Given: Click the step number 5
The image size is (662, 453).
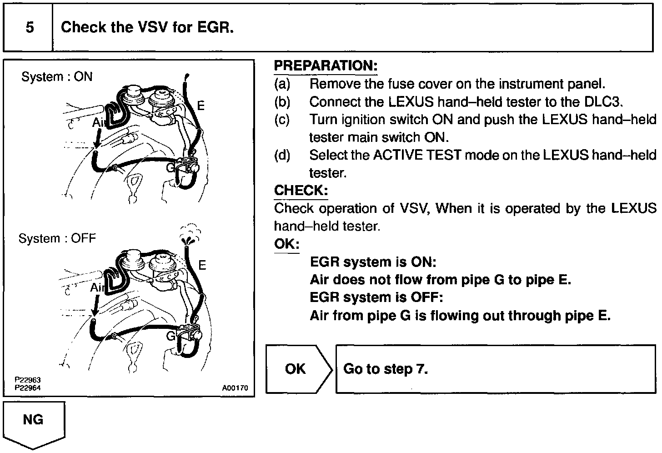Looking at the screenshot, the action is click(30, 27).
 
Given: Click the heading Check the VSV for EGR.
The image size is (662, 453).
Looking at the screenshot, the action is click(147, 27).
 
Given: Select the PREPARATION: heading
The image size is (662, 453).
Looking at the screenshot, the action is click(326, 66).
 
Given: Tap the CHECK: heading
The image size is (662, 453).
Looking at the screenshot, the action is click(301, 190).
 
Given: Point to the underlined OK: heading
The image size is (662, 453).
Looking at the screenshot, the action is click(286, 244).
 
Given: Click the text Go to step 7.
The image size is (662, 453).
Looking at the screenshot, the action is click(386, 368).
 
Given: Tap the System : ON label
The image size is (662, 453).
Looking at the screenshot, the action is click(57, 76).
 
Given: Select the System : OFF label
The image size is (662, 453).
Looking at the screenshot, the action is click(57, 238).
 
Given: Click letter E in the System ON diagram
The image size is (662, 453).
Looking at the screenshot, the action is click(201, 106).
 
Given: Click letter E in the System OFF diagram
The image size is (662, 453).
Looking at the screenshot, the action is click(202, 265).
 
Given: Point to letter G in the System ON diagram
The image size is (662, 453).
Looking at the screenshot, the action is click(170, 167).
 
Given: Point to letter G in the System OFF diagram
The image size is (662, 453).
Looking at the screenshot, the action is click(171, 336).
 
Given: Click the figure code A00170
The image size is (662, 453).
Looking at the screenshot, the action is click(235, 388).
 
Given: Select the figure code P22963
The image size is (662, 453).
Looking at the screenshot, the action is click(28, 380).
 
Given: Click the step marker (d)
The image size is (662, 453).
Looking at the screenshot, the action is click(282, 155).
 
